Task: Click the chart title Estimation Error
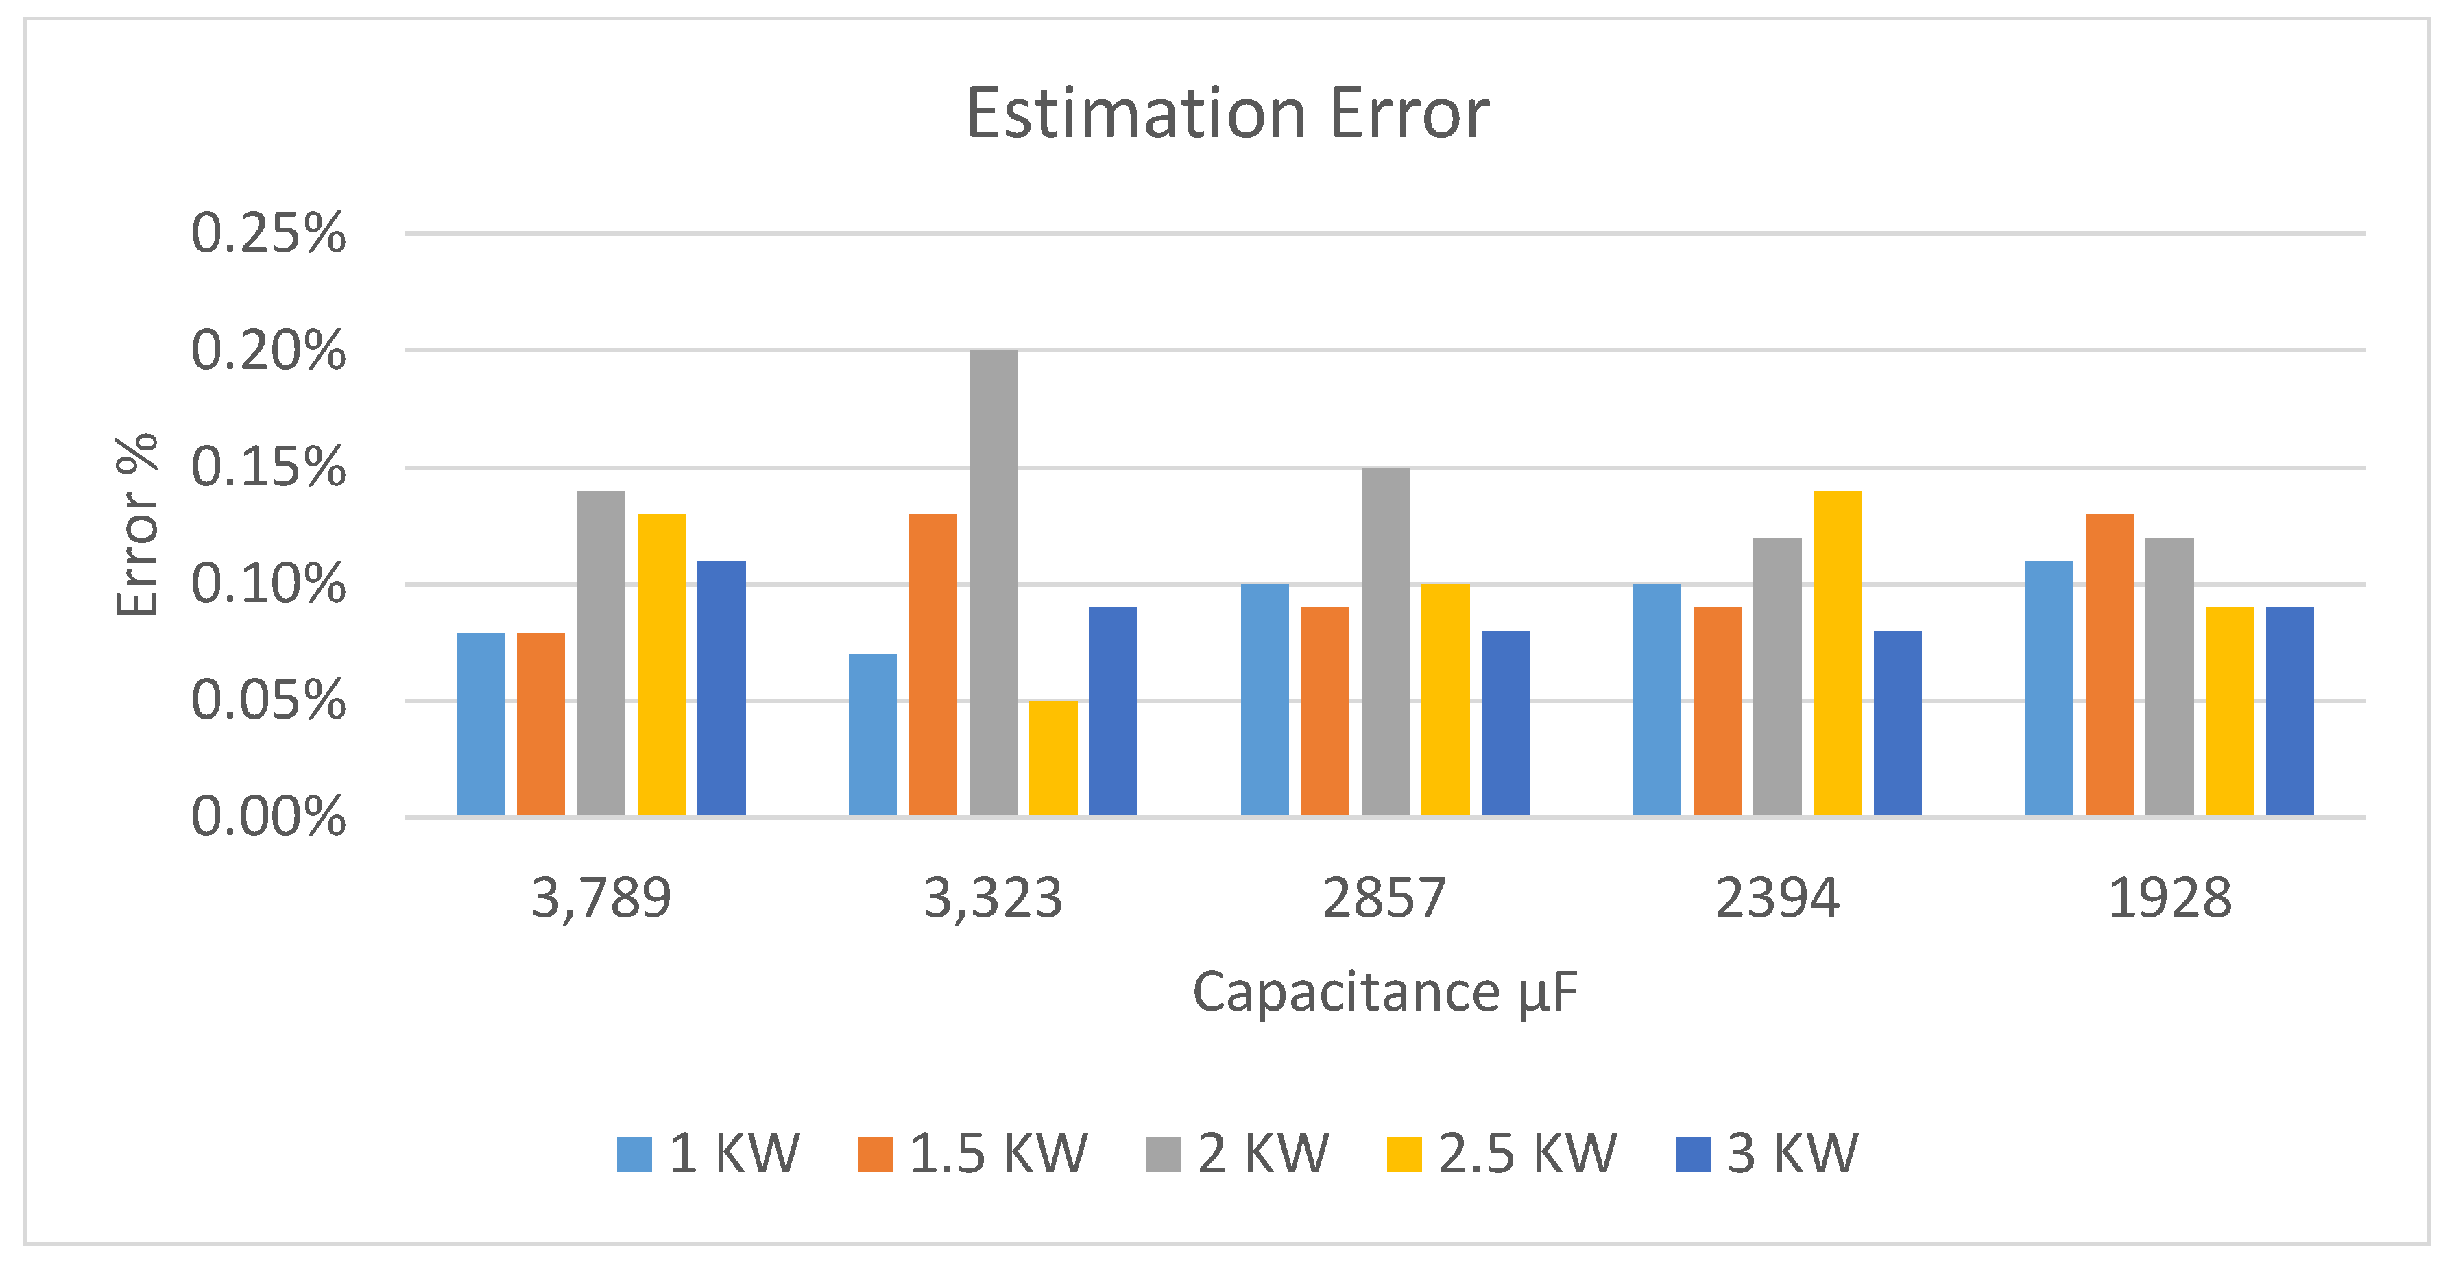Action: pos(1227,113)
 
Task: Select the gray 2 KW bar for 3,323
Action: pos(993,581)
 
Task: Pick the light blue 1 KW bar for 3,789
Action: pos(481,725)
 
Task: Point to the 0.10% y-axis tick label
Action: pos(268,583)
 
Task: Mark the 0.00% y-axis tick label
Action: pos(268,817)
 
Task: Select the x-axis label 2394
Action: pos(1777,898)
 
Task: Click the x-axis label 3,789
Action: pos(601,898)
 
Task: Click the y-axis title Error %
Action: pos(136,524)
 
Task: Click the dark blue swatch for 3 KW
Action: pos(1692,1155)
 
